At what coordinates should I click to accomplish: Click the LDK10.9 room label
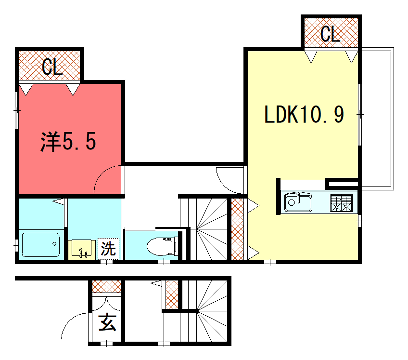tap(305, 114)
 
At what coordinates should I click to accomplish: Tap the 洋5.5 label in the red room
tap(67, 142)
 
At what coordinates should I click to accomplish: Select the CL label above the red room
tap(51, 67)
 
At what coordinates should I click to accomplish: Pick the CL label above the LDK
tap(329, 34)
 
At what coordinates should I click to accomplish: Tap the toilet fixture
tap(159, 245)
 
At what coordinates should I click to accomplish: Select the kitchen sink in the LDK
tap(300, 203)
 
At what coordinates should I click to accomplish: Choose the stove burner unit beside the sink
tap(341, 203)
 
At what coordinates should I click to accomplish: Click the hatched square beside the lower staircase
tap(172, 294)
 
